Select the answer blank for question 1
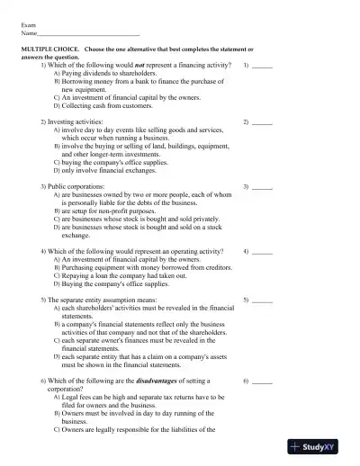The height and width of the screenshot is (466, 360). [x=262, y=67]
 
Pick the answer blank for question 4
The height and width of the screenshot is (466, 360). [x=262, y=252]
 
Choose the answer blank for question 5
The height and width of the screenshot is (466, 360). [x=262, y=299]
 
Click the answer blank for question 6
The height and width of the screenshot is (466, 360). [x=262, y=382]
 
